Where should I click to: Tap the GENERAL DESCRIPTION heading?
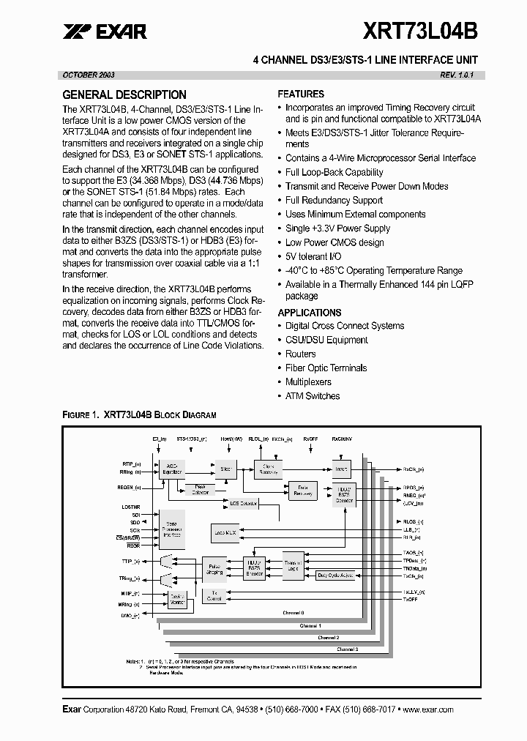124,94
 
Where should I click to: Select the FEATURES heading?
301,94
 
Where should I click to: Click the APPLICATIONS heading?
310,312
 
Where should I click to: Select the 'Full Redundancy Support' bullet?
334,200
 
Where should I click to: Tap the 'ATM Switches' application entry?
313,395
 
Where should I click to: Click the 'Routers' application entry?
300,354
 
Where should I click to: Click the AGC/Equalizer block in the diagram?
173,469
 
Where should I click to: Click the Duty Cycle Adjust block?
335,576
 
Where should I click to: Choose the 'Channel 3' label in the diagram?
347,649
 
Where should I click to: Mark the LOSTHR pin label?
132,507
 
